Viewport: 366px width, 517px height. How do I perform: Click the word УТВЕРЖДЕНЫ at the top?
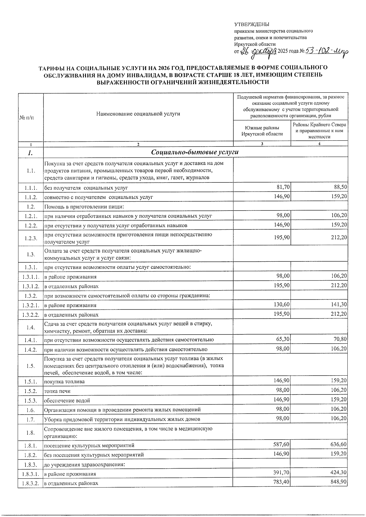coord(252,24)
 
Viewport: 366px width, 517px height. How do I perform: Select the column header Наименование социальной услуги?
coord(138,114)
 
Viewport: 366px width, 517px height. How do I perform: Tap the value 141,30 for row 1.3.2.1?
coord(339,305)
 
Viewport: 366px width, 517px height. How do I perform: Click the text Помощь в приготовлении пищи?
coord(84,207)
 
